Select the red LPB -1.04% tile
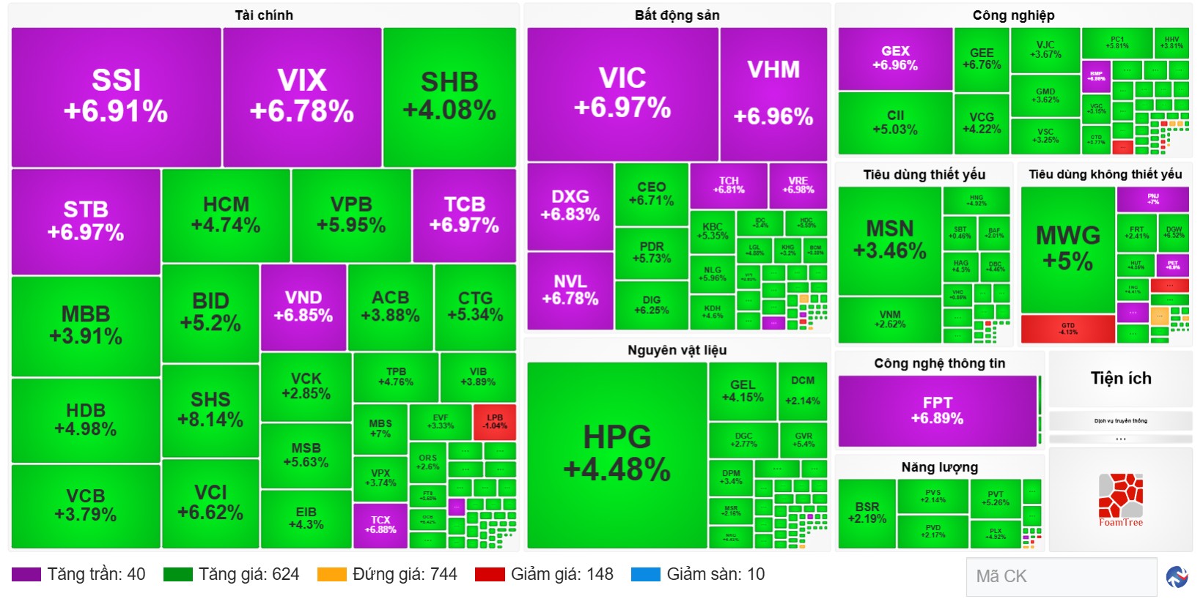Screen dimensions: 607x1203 (495, 422)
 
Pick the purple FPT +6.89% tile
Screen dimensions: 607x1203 (937, 411)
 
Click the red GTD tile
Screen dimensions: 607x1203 (1067, 329)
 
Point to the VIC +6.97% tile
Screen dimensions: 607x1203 (622, 94)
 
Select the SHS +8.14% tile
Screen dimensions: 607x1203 (210, 410)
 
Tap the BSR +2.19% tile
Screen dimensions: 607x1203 (867, 513)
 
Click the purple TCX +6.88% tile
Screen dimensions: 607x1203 (380, 525)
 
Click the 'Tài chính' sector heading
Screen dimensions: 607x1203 (264, 15)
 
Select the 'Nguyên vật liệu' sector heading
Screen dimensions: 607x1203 (677, 350)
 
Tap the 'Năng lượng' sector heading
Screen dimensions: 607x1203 (939, 467)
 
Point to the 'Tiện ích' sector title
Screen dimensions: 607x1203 (1120, 379)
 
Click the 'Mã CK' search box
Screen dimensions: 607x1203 (1061, 576)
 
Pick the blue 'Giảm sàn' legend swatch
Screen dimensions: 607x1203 (645, 575)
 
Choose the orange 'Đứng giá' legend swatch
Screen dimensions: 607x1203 (331, 575)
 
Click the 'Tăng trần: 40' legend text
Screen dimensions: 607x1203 (96, 575)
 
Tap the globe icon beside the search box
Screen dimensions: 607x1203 (1177, 577)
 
